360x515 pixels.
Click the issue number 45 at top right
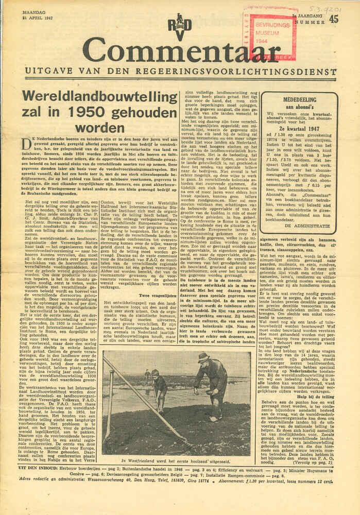pyautogui.click(x=334, y=19)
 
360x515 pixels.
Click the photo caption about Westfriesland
pyautogui.click(x=176, y=460)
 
